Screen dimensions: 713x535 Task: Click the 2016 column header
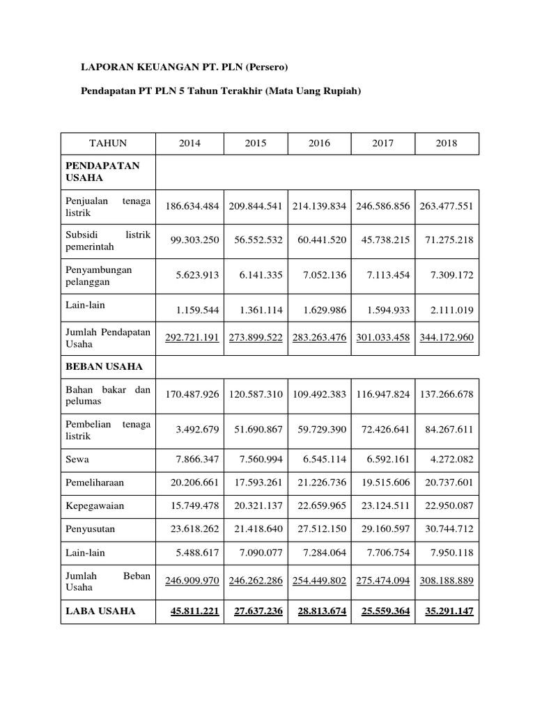(319, 143)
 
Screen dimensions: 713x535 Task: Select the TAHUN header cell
(108, 143)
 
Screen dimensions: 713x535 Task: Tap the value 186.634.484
(192, 207)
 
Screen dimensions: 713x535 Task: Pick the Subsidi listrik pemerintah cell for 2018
(447, 240)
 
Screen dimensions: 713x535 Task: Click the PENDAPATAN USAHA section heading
(102, 172)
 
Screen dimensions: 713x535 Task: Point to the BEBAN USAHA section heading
(104, 366)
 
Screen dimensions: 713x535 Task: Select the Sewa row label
(79, 460)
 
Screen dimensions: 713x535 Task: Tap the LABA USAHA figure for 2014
(194, 611)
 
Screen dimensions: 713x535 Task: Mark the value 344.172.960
(447, 338)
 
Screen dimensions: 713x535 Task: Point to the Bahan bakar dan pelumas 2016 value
(319, 394)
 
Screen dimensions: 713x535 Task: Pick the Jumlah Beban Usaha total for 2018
(447, 582)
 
